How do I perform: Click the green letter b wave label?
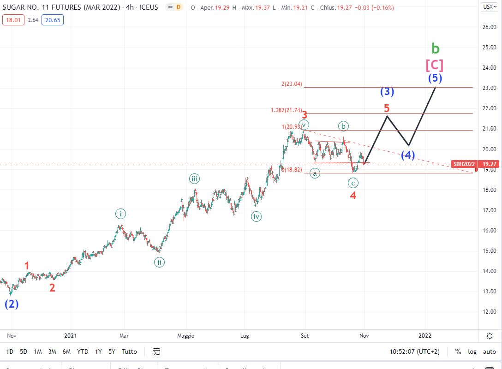436,48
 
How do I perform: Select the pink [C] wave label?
434,65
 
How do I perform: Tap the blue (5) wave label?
435,78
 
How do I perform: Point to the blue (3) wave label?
387,91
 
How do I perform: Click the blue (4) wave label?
407,155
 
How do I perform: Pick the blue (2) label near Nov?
12,304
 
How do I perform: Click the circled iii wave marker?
194,179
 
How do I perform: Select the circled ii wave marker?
159,262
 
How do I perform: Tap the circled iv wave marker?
257,216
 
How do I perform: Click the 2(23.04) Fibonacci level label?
291,84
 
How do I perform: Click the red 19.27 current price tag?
489,164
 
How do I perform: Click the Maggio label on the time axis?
186,336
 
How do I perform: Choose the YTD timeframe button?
83,351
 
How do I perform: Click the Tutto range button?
129,351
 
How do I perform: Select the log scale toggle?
472,351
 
